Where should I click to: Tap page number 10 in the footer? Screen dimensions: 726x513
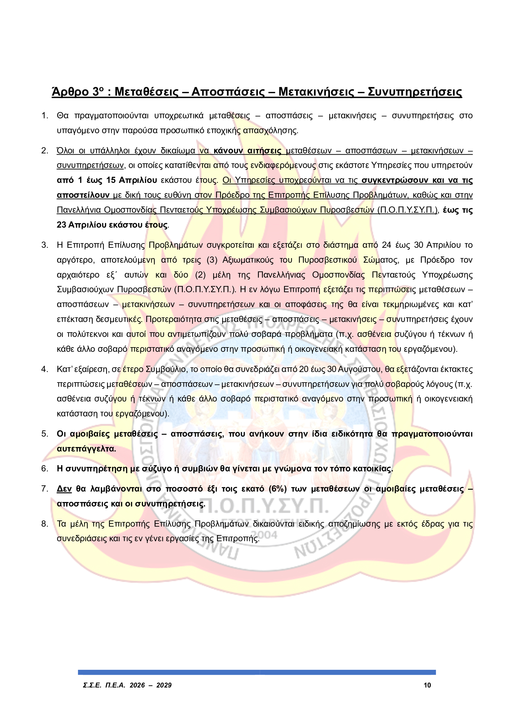point(427,685)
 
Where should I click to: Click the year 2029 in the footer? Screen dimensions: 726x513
point(164,685)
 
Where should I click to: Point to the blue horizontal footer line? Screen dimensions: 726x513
point(257,672)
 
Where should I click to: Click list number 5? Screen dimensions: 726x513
point(45,434)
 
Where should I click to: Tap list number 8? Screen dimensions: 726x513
point(45,524)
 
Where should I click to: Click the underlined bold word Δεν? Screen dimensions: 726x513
point(64,489)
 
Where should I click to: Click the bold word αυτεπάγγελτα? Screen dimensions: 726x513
point(86,449)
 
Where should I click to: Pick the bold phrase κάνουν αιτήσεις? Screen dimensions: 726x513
point(247,151)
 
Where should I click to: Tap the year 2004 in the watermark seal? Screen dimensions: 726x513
point(266,535)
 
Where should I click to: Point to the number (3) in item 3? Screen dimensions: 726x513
point(212,260)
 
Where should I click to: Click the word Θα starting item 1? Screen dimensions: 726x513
point(63,116)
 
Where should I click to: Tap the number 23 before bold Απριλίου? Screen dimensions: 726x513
point(61,225)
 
